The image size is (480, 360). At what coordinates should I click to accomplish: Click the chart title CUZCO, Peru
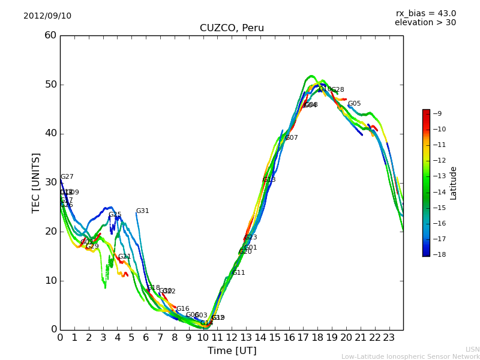[x=232, y=28]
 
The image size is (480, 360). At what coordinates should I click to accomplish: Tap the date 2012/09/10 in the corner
[x=47, y=16]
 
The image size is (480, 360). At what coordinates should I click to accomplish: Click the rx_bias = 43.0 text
[x=425, y=14]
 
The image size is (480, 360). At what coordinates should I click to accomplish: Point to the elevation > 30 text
[x=425, y=23]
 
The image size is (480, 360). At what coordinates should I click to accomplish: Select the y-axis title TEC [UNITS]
[x=36, y=182]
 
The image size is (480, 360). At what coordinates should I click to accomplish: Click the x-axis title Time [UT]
[x=232, y=351]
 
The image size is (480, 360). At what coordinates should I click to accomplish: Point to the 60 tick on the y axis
[x=50, y=35]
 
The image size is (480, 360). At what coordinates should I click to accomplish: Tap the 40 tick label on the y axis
[x=50, y=134]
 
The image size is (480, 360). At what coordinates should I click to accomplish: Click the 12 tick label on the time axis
[x=232, y=338]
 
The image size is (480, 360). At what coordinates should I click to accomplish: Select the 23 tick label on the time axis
[x=389, y=338]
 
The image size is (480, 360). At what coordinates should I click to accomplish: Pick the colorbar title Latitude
[x=454, y=182]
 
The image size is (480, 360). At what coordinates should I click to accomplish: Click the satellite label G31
[x=143, y=211]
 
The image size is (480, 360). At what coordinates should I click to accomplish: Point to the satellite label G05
[x=355, y=104]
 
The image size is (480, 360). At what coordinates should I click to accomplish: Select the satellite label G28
[x=338, y=90]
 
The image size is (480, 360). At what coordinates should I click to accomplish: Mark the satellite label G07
[x=292, y=138]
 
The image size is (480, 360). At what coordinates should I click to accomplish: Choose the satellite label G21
[x=124, y=257]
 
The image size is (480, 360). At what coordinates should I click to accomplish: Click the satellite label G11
[x=239, y=273]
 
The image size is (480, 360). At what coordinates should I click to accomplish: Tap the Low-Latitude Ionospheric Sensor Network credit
[x=410, y=357]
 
